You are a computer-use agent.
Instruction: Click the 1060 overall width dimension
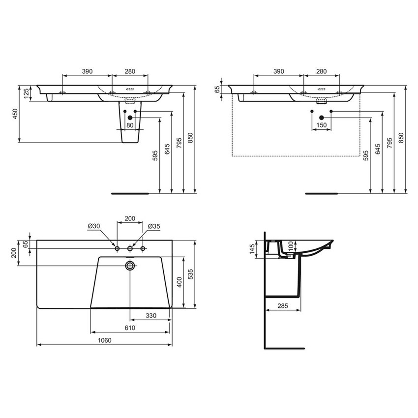point(104,340)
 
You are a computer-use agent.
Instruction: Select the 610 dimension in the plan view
point(130,328)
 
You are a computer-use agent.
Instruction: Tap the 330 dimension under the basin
point(150,315)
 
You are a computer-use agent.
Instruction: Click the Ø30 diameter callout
point(94,226)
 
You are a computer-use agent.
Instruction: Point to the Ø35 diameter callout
point(154,226)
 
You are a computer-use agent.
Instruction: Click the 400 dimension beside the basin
point(180,282)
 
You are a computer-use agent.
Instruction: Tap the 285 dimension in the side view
point(282,306)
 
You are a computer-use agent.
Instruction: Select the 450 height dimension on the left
point(15,114)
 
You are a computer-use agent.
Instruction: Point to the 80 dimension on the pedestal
point(130,125)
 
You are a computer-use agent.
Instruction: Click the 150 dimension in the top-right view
point(322,125)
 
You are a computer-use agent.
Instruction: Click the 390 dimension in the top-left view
point(87,71)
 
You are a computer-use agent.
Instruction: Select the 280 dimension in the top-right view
point(321,71)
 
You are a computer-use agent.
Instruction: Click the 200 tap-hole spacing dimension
point(130,218)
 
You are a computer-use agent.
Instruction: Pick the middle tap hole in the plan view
point(130,249)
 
